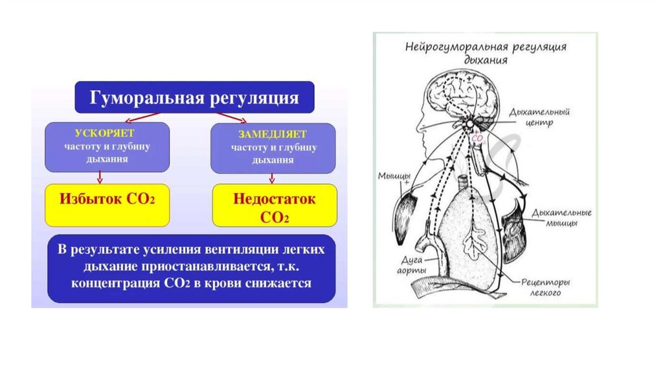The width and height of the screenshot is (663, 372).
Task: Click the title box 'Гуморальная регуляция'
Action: [x=195, y=98]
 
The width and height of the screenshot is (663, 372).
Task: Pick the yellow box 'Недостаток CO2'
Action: [x=275, y=207]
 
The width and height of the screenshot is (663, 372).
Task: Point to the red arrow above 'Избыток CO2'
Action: [x=100, y=177]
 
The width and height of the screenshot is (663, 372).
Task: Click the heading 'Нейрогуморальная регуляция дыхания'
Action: [x=486, y=53]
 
